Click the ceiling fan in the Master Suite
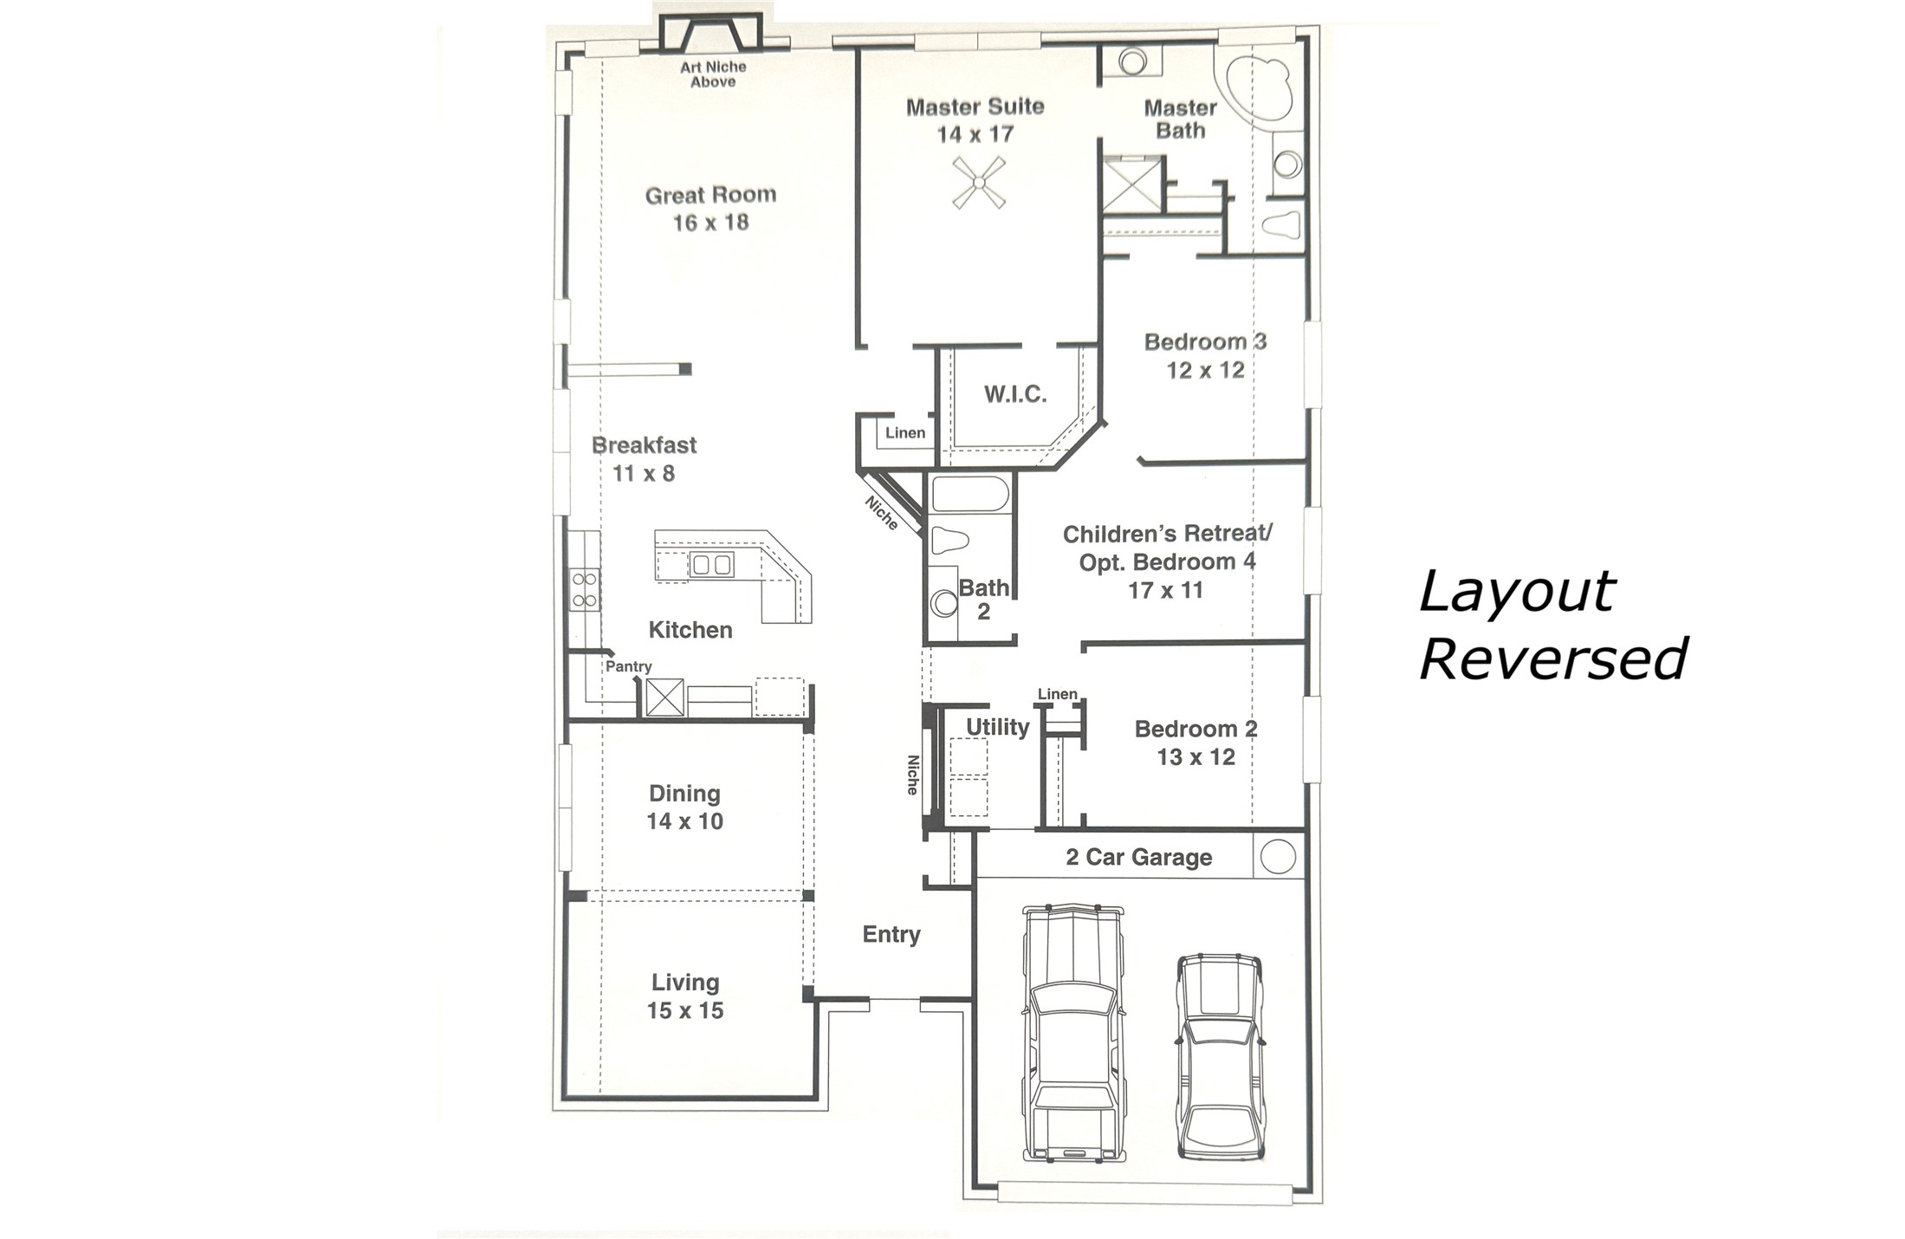point(979,182)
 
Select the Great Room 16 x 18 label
point(710,208)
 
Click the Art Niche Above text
point(713,75)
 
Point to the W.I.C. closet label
point(1015,395)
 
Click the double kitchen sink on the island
point(711,565)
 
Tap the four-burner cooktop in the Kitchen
point(585,589)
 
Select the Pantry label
point(628,666)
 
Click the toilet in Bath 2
point(949,541)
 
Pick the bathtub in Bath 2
point(969,494)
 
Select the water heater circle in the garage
point(1278,856)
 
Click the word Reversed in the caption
point(1552,658)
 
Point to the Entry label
point(891,934)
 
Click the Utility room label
point(997,727)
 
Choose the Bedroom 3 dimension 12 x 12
point(1205,371)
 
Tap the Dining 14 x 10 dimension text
point(684,821)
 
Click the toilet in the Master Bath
point(1281,224)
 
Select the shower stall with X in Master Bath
point(1133,185)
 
